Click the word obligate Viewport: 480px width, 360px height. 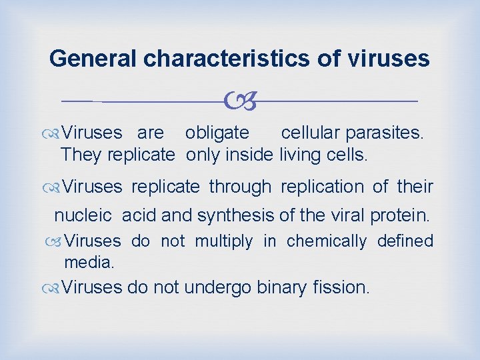(x=217, y=133)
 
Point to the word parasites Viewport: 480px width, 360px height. (x=383, y=133)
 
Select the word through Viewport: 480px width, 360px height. (x=240, y=187)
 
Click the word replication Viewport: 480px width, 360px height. (x=322, y=187)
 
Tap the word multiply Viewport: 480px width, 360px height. (x=224, y=241)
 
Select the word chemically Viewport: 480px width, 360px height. (x=326, y=241)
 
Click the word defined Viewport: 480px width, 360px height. (x=405, y=241)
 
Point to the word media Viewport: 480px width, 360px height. (x=89, y=263)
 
